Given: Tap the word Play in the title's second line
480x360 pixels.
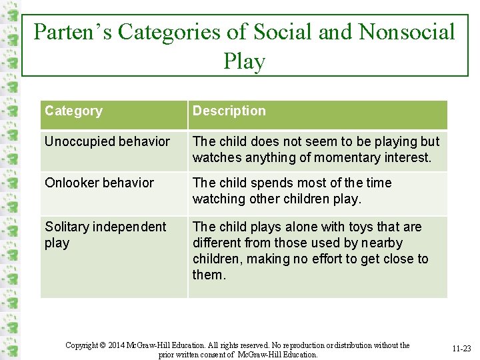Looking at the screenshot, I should (x=245, y=61).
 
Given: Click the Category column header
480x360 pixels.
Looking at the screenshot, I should (x=73, y=111).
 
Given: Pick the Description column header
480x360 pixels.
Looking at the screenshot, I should (x=229, y=111).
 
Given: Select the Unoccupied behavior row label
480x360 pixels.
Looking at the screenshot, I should (x=107, y=141).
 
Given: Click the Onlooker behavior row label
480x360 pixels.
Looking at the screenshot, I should (x=99, y=183).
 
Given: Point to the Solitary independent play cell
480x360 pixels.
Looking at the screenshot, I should (x=105, y=235).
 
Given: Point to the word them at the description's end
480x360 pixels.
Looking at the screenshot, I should (x=208, y=275).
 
